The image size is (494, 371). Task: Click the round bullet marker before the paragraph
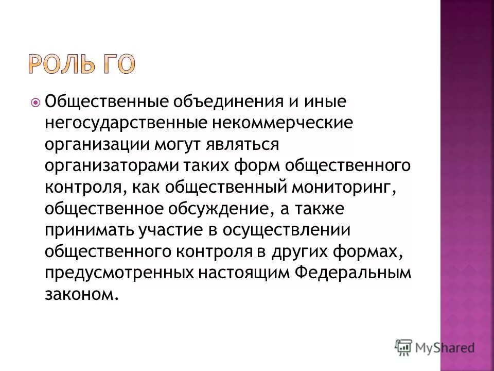(36, 102)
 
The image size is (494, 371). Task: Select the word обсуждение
(217, 210)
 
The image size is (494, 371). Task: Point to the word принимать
(88, 231)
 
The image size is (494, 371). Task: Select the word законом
(77, 296)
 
